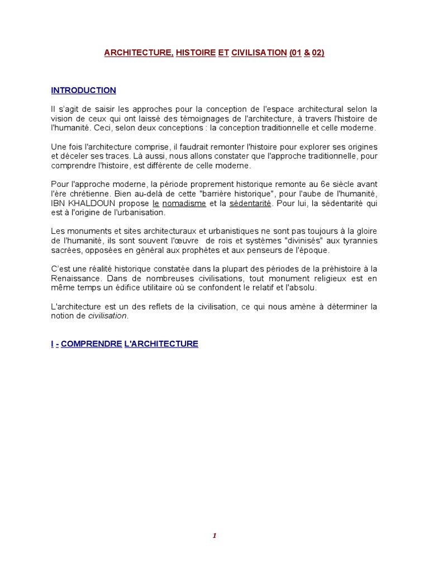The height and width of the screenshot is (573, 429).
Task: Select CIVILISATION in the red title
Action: tap(259, 53)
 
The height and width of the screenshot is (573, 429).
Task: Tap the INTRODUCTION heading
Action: tap(84, 90)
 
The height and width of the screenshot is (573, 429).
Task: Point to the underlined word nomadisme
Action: tap(184, 204)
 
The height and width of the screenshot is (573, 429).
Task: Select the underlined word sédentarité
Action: tap(250, 204)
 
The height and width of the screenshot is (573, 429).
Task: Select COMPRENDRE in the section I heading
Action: tap(91, 344)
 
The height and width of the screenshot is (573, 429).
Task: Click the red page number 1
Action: tap(214, 536)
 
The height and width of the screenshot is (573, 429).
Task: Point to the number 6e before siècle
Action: tap(330, 185)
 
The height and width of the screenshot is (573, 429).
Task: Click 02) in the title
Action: tap(318, 53)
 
